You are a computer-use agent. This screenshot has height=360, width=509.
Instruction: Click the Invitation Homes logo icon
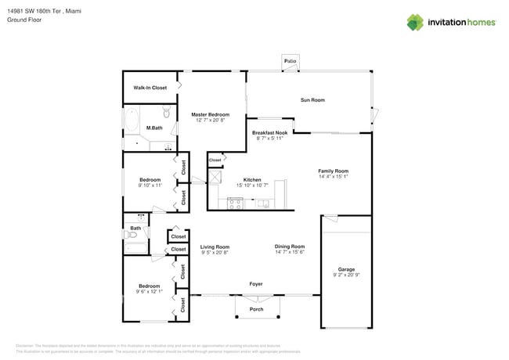415,22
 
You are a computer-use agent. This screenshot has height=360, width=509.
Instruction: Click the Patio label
291,60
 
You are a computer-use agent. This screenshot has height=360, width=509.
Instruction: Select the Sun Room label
312,100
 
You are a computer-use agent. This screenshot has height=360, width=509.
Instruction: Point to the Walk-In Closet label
150,88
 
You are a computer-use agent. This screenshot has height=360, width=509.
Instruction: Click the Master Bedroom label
211,115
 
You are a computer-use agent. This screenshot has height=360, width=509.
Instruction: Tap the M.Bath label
154,128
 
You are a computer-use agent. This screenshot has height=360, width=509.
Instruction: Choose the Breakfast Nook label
269,133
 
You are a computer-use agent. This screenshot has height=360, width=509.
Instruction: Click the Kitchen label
252,179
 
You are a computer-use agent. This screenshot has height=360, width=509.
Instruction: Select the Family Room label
333,171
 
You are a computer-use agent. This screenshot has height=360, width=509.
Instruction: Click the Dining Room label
290,247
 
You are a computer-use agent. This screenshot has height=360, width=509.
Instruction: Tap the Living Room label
215,247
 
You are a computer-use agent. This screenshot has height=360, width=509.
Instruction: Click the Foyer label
256,284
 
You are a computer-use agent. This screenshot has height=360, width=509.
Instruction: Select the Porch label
256,309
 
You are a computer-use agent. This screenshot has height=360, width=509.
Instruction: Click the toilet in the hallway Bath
131,234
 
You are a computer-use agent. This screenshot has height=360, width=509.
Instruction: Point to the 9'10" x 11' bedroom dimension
150,185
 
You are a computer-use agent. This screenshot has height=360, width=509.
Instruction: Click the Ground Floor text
24,20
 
